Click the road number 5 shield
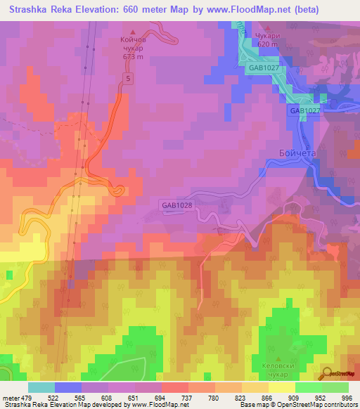pos(129,79)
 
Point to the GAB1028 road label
pos(176,205)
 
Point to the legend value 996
pos(345,398)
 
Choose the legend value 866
pos(268,398)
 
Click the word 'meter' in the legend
pos(11,398)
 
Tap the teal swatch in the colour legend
pos(41,387)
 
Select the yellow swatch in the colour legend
pos(282,387)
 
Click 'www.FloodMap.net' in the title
pos(236,10)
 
